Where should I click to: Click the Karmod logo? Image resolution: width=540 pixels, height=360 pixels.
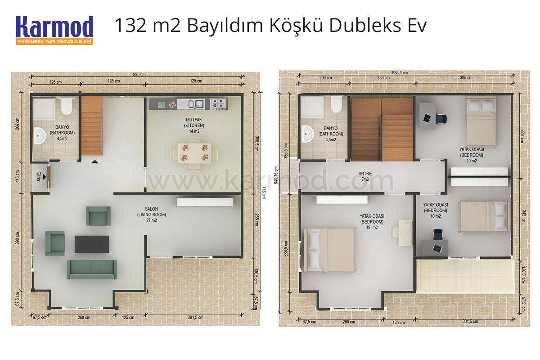[x=55, y=31]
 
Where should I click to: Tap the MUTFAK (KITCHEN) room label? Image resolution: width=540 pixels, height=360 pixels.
[x=194, y=126]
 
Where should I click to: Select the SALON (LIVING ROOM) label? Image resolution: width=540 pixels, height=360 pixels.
[x=151, y=215]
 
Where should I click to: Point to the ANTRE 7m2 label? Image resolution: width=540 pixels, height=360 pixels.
[x=365, y=176]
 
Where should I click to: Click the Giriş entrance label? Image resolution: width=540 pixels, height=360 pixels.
[x=39, y=176]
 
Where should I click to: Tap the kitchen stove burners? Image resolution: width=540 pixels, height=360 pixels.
[x=219, y=103]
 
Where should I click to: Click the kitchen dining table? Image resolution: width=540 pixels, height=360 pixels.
[x=194, y=153]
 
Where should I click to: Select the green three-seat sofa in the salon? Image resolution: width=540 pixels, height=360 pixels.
[x=92, y=270]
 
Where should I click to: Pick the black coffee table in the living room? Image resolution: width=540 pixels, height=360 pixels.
[x=92, y=244]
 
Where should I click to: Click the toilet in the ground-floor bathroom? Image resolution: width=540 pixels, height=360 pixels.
[x=66, y=106]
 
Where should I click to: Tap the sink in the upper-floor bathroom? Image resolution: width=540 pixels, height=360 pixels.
[x=307, y=134]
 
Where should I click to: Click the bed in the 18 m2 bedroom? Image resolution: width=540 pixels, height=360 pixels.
[x=330, y=250]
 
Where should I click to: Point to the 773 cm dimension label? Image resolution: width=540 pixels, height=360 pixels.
[x=264, y=192]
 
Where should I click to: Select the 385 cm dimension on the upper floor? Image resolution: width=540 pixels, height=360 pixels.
[x=466, y=78]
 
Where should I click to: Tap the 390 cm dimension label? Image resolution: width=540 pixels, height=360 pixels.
[x=18, y=238]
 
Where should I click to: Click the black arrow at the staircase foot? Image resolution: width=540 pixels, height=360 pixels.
[x=94, y=162]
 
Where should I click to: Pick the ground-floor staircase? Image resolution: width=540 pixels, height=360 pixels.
[x=92, y=126]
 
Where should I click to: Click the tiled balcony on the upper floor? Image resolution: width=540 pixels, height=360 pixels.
[x=465, y=275]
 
